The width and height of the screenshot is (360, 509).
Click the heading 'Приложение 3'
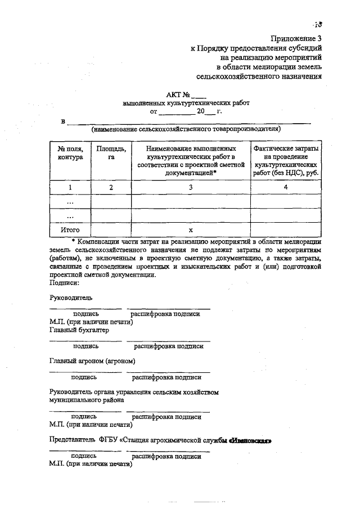pyautogui.click(x=299, y=39)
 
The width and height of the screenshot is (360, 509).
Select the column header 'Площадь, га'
pyautogui.click(x=111, y=153)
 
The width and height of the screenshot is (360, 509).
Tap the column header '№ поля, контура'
pyautogui.click(x=70, y=153)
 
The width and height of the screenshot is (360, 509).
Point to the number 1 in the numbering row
pyautogui.click(x=70, y=187)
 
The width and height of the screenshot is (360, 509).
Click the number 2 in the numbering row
pyautogui.click(x=111, y=187)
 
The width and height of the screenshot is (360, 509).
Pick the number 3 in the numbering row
pyautogui.click(x=191, y=187)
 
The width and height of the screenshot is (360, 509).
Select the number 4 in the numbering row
pyautogui.click(x=286, y=187)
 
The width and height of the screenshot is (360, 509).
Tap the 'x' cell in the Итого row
pyautogui.click(x=191, y=230)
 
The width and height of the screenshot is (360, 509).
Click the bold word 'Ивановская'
pyautogui.click(x=250, y=440)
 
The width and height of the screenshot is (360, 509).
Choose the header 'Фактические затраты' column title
pyautogui.click(x=286, y=148)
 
